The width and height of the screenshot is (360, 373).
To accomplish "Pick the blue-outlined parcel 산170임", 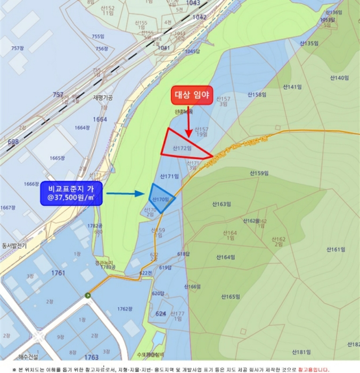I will click(x=161, y=198).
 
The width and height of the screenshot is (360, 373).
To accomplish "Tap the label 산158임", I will click(x=256, y=94).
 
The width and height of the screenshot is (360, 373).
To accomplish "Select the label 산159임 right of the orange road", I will click(x=259, y=173).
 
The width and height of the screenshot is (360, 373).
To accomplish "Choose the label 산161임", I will click(x=337, y=249).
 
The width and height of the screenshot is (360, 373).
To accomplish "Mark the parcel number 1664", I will click(x=100, y=119).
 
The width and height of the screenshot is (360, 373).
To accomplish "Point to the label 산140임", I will click(x=339, y=78).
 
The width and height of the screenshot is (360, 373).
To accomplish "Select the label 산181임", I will click(x=301, y=352).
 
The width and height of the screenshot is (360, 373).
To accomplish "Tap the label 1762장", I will click(x=124, y=309).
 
